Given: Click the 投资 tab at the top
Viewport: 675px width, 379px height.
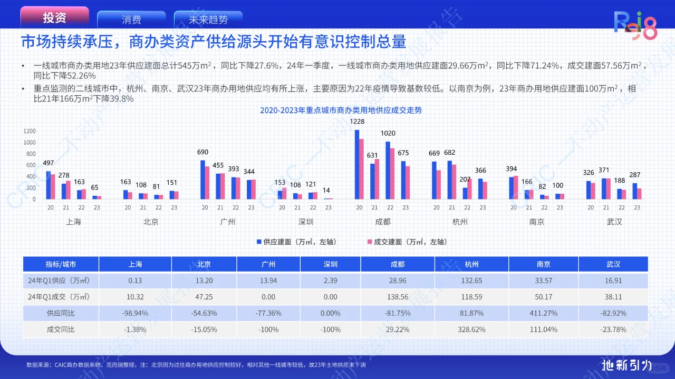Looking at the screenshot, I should (54, 18).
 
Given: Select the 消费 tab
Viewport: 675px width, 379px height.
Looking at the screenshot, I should (131, 20).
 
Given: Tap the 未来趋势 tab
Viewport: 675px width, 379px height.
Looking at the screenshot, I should (208, 20).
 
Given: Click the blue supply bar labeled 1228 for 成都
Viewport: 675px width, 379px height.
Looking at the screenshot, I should (357, 164).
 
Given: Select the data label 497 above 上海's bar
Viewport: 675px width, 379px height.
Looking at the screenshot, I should (49, 163).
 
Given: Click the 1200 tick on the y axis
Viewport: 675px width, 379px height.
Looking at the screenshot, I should (30, 131).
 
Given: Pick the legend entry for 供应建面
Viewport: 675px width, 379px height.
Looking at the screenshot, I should (296, 242).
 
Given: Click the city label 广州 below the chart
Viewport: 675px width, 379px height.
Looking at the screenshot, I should (228, 222).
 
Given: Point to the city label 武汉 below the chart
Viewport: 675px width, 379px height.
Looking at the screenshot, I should (614, 222).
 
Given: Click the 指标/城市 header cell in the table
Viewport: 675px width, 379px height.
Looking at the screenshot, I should (61, 264).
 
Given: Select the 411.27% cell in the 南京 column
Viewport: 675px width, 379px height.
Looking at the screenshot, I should (543, 313).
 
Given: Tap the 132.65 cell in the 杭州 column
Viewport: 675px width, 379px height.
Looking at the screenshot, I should (471, 281).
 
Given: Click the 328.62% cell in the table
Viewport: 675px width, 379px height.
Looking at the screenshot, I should (471, 330).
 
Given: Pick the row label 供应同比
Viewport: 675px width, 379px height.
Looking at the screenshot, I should (61, 313).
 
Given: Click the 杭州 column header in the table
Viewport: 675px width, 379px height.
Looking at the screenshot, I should (471, 264).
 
